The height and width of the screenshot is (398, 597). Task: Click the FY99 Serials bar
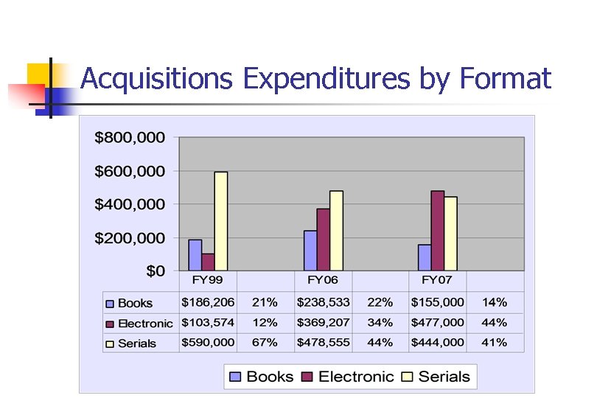point(221,221)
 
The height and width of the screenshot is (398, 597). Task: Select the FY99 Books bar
point(195,255)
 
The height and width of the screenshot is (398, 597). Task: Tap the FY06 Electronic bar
point(324,240)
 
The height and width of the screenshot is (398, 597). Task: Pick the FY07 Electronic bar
point(438,231)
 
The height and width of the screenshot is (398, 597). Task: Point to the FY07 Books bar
point(425,257)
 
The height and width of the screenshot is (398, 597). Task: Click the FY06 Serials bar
point(336,231)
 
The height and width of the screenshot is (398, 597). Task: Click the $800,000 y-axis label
point(130,137)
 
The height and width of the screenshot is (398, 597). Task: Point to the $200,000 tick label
point(130,238)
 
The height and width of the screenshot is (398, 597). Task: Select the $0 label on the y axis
point(155,271)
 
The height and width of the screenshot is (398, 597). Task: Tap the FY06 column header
point(323,281)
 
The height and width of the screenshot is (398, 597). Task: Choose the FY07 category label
point(437,281)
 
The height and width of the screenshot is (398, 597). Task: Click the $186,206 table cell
point(209,302)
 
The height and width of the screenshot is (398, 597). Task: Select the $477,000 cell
point(438,322)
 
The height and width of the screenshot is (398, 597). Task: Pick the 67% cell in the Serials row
point(265,342)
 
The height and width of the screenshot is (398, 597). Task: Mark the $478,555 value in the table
point(323,342)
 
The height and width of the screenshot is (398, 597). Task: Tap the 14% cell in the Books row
point(495,302)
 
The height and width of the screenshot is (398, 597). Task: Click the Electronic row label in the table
point(145,323)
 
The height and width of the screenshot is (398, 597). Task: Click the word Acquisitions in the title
point(158,78)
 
